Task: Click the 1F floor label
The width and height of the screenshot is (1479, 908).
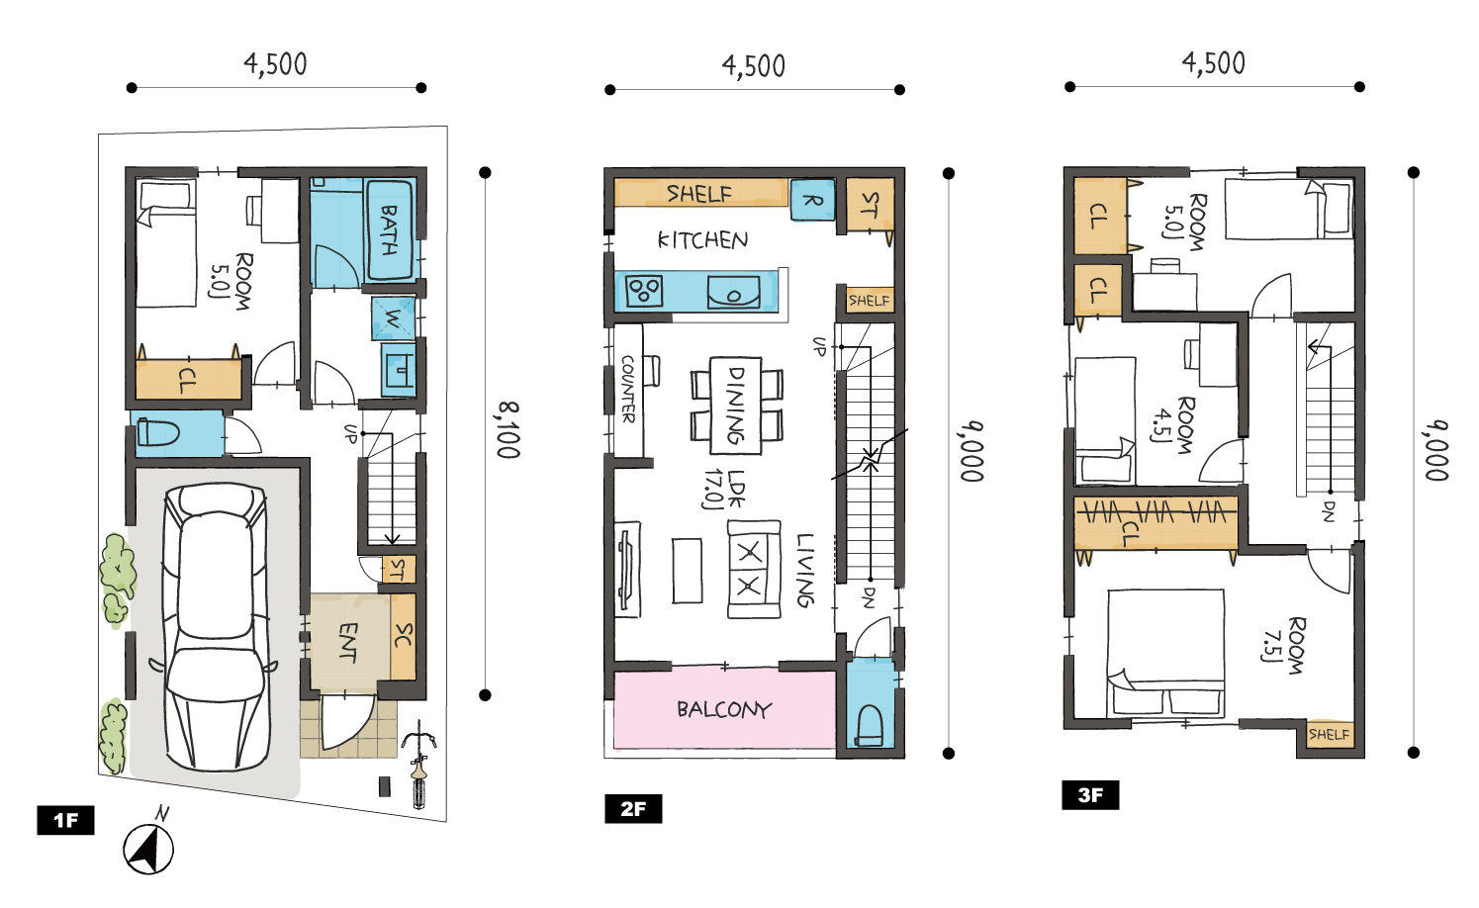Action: (x=65, y=820)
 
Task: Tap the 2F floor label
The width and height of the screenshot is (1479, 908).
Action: (x=633, y=808)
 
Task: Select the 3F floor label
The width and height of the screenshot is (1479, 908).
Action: (x=1090, y=794)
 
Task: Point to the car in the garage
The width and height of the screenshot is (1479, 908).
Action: (x=216, y=626)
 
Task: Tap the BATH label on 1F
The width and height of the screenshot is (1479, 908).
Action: (x=389, y=229)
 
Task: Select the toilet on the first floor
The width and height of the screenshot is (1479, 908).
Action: (x=158, y=434)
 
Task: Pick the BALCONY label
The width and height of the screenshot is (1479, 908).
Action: (x=723, y=710)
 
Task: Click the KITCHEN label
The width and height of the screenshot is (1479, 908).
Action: (x=702, y=239)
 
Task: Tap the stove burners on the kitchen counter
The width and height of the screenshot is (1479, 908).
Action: (x=644, y=291)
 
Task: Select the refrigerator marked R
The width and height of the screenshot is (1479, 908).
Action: (x=813, y=200)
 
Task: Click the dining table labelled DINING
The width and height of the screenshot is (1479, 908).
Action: (x=735, y=406)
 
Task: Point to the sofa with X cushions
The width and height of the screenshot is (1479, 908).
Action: (x=753, y=569)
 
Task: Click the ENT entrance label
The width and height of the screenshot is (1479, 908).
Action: (x=348, y=642)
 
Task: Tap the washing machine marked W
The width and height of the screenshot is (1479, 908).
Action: (x=394, y=318)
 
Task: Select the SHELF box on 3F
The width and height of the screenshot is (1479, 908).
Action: (x=1329, y=734)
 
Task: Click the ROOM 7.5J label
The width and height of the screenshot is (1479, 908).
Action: (x=1284, y=645)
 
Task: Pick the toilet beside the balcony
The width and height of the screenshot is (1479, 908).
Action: (x=870, y=726)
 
